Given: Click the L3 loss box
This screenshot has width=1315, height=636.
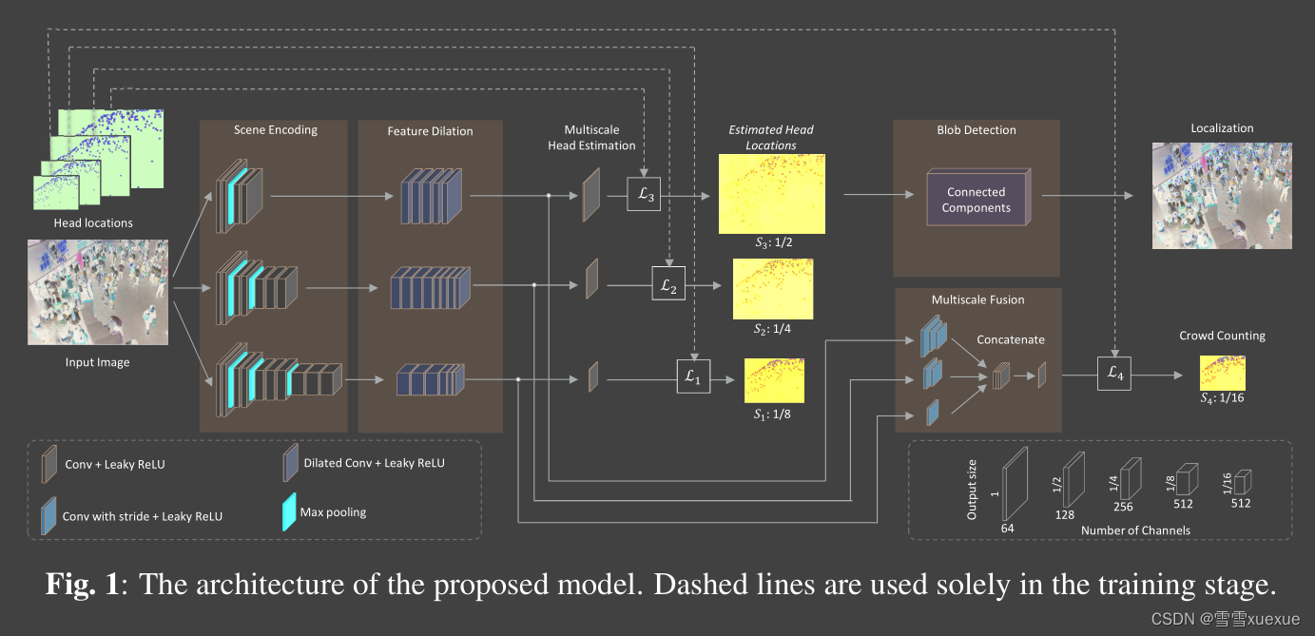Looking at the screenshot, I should point(644,197).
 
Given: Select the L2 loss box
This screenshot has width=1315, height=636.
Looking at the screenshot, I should point(667,284).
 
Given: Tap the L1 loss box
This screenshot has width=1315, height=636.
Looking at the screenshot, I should point(692,377).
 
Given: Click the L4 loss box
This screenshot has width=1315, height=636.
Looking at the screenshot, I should point(1114,375).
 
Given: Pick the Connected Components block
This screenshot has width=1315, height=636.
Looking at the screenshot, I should point(977,200).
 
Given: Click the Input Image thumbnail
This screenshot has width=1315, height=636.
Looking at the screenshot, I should point(99,292).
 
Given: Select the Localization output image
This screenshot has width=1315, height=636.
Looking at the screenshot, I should point(1222,196).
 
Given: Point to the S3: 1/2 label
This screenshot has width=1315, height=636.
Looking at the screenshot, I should point(773,242).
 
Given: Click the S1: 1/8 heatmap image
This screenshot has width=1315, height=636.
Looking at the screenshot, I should point(774,379).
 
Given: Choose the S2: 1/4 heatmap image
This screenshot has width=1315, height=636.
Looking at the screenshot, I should point(773,288).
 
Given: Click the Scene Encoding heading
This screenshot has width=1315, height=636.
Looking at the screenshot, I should point(276,130).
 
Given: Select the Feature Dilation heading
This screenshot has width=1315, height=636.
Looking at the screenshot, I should point(430,131).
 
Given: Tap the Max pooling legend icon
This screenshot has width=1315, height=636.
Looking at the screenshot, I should point(289,512).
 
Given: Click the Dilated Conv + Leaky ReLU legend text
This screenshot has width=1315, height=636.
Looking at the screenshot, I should point(374,463).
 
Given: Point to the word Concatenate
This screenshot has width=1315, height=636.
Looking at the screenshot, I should point(1010,339).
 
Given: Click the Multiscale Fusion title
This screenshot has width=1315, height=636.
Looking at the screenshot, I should point(977,299).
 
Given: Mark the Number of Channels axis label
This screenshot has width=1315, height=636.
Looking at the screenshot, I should point(1135,530).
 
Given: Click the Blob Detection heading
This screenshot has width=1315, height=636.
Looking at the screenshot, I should point(977,130).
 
